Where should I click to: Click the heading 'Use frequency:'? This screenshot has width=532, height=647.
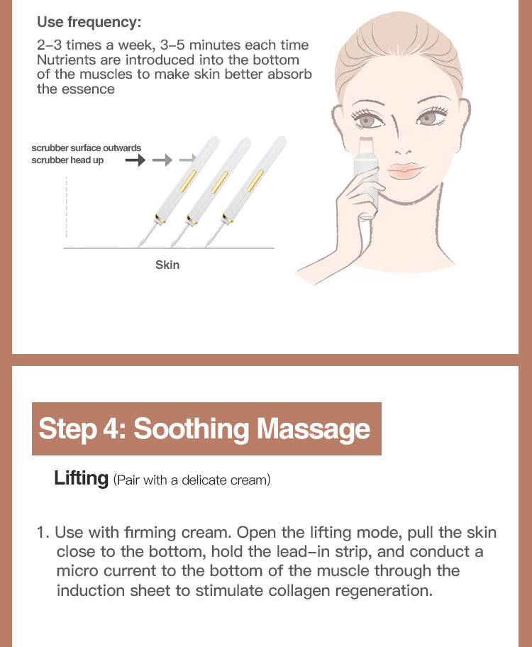point(89,22)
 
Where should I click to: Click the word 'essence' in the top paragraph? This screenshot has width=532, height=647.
point(88,89)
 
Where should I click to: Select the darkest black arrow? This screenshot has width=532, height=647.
point(135,160)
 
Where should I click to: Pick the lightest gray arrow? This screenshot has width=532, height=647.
point(187,160)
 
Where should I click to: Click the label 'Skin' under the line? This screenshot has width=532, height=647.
point(167,265)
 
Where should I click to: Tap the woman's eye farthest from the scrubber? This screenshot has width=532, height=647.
point(428,118)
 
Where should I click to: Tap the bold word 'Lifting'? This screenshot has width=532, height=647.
point(81,478)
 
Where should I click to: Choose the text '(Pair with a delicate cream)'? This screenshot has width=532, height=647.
point(192,480)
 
